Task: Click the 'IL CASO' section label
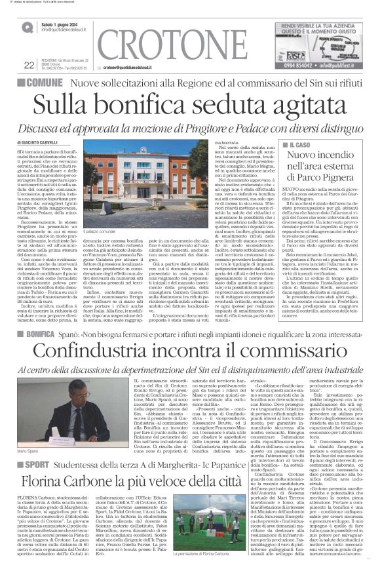(x=298, y=144)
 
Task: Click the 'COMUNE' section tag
(x=47, y=83)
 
